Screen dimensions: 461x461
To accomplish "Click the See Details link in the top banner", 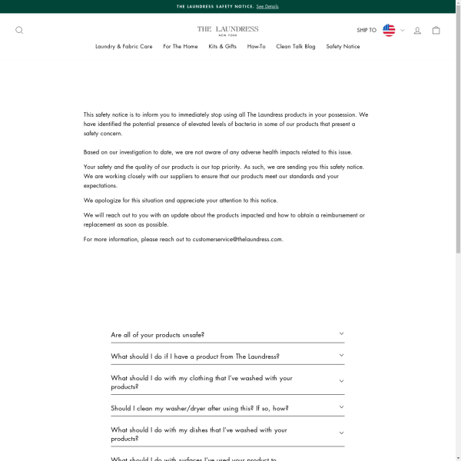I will [267, 6].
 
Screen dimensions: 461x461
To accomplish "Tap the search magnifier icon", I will [19, 31].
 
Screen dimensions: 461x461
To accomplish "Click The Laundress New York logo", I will [227, 30].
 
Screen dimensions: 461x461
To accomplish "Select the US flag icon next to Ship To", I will [389, 30].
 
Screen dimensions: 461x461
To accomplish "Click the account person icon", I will [417, 31].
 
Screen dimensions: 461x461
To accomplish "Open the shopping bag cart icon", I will [436, 31].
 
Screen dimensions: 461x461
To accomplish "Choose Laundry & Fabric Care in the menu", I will [124, 46].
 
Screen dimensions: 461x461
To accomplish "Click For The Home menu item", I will [180, 46].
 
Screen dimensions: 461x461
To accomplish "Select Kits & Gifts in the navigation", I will [222, 46].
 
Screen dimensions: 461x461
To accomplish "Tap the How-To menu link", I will [256, 46].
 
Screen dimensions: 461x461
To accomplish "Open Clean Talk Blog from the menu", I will [296, 46].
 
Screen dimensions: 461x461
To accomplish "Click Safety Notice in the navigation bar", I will [343, 46].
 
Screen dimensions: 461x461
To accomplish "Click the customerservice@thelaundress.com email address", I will [237, 240].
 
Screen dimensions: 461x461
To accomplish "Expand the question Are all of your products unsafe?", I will [158, 335].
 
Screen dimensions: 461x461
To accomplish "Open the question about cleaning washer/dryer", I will [200, 409].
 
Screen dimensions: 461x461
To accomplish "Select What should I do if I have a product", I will [195, 357].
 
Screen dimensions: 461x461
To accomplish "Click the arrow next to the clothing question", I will [341, 382].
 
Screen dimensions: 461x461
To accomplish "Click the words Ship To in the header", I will [366, 31].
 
